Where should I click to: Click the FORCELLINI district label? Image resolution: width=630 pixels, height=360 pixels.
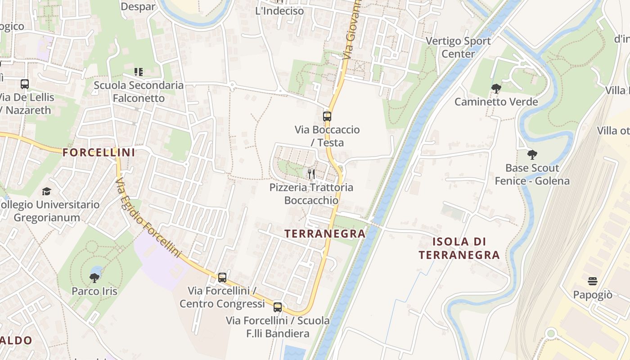point(99,153)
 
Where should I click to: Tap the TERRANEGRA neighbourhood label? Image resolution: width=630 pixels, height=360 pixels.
point(325,234)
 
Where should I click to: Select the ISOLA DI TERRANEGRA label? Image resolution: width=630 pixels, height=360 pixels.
point(459,248)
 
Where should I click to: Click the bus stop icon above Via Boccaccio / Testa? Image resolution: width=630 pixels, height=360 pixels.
point(327,117)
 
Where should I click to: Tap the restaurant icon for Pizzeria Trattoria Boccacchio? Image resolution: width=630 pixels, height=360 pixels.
point(311,174)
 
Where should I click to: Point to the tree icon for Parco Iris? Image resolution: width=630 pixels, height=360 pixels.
point(94,278)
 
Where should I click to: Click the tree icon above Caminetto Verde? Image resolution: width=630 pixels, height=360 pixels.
point(496,88)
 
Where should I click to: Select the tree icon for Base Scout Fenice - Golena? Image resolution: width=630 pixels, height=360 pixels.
point(532,155)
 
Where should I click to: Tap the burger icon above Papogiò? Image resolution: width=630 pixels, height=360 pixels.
point(593,281)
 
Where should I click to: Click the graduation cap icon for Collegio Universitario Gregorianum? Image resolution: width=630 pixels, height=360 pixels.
point(46,192)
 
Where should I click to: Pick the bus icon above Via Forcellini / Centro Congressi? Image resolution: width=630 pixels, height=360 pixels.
point(222,277)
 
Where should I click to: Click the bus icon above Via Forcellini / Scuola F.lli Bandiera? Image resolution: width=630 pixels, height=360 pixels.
point(278,307)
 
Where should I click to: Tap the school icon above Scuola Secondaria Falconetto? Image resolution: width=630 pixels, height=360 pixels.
point(139,72)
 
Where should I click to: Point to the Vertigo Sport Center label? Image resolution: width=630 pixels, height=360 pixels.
point(458,47)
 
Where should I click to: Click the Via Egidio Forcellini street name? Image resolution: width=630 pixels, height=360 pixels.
point(148,218)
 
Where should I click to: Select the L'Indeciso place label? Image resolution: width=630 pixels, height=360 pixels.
point(279,11)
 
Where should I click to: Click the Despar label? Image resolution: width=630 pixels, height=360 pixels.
point(138,6)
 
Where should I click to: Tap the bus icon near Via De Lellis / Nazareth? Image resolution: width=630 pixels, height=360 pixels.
point(25,84)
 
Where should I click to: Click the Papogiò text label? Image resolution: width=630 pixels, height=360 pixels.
point(593,295)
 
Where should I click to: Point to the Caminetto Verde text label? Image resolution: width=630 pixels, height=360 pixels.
point(496,102)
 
